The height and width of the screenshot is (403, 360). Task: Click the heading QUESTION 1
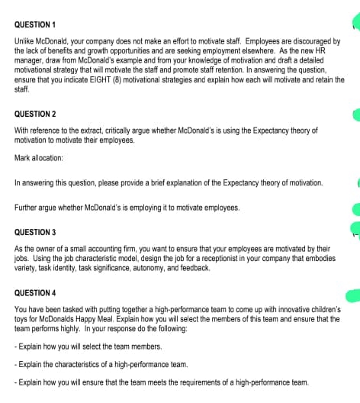(x=35, y=24)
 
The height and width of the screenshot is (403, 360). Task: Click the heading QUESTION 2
(x=35, y=113)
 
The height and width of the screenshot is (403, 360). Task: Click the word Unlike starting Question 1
(x=25, y=40)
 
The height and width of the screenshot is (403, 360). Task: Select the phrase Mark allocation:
(x=39, y=160)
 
